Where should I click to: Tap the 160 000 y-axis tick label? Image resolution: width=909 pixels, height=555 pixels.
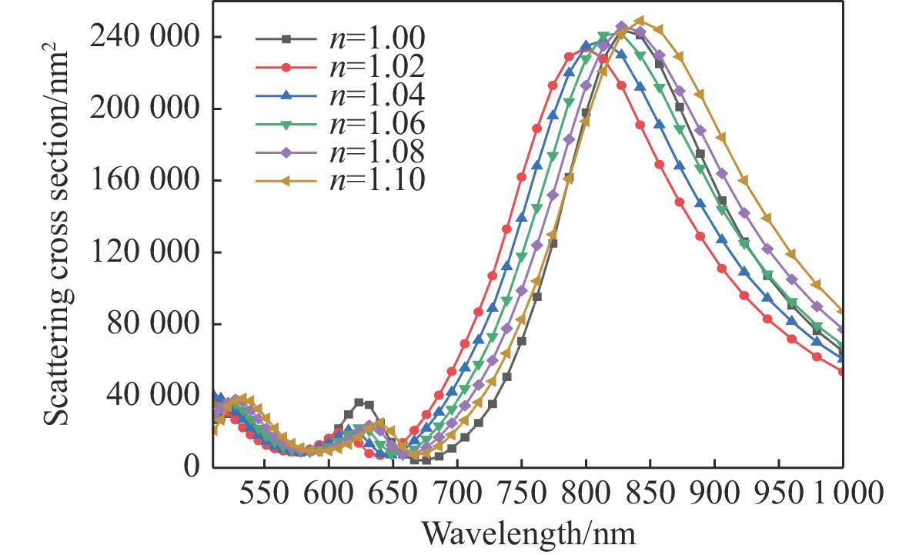[x=142, y=180]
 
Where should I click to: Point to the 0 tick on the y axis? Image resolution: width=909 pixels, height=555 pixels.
[x=193, y=466]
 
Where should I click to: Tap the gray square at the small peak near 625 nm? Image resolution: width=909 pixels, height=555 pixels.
[x=359, y=402]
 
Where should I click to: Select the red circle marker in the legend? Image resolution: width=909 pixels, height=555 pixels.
[x=286, y=67]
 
